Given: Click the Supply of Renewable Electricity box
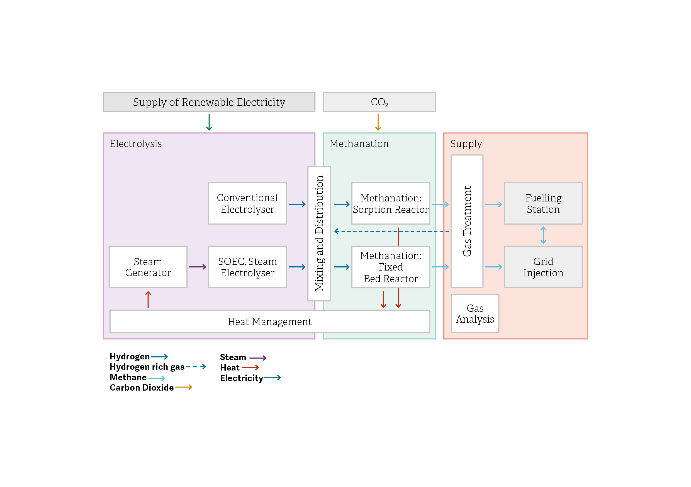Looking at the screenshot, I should pyautogui.click(x=209, y=102).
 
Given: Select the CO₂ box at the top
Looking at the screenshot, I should pyautogui.click(x=379, y=102).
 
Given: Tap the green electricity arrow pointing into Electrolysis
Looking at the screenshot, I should pyautogui.click(x=209, y=122).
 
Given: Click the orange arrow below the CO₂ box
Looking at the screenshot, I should pyautogui.click(x=378, y=122).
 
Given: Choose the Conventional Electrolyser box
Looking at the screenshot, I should pyautogui.click(x=247, y=203).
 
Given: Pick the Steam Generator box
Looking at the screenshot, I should pyautogui.click(x=148, y=267).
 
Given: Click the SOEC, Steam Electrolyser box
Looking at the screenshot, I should pyautogui.click(x=247, y=267).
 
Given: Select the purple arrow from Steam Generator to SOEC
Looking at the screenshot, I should pyautogui.click(x=198, y=267).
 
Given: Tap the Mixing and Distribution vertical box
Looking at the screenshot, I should pyautogui.click(x=319, y=233).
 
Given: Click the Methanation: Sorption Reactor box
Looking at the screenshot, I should pyautogui.click(x=390, y=203).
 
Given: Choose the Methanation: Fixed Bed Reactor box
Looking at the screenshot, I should pyautogui.click(x=390, y=267).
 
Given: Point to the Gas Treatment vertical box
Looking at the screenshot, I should pyautogui.click(x=467, y=221).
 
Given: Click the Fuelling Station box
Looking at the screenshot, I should pyautogui.click(x=543, y=203).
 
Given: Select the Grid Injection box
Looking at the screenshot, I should pyautogui.click(x=543, y=267).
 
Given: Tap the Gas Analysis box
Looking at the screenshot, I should pyautogui.click(x=475, y=313).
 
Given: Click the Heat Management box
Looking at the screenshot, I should pyautogui.click(x=269, y=322).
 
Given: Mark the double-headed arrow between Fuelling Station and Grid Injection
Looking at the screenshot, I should pyautogui.click(x=543, y=235).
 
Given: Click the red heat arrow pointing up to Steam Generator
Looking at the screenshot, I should pyautogui.click(x=148, y=299).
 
